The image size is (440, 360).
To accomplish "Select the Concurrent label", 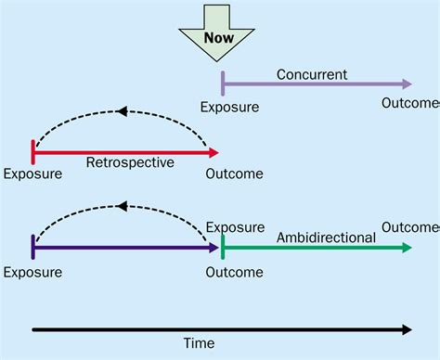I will tap(311, 74).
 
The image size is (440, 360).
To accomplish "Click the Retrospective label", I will tap(130, 162).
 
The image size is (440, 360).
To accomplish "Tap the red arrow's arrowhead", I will tap(214, 151).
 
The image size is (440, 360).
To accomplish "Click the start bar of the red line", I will tap(33, 151).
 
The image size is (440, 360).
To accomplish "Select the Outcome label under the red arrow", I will tap(234, 174).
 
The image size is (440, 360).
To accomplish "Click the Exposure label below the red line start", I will tap(32, 174).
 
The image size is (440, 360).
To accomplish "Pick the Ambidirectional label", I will tap(326, 238).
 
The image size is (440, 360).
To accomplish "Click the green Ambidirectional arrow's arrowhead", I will tap(407, 248).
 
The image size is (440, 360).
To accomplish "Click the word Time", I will tap(199, 343).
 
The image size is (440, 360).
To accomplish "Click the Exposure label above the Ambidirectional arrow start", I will tap(234, 226).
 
